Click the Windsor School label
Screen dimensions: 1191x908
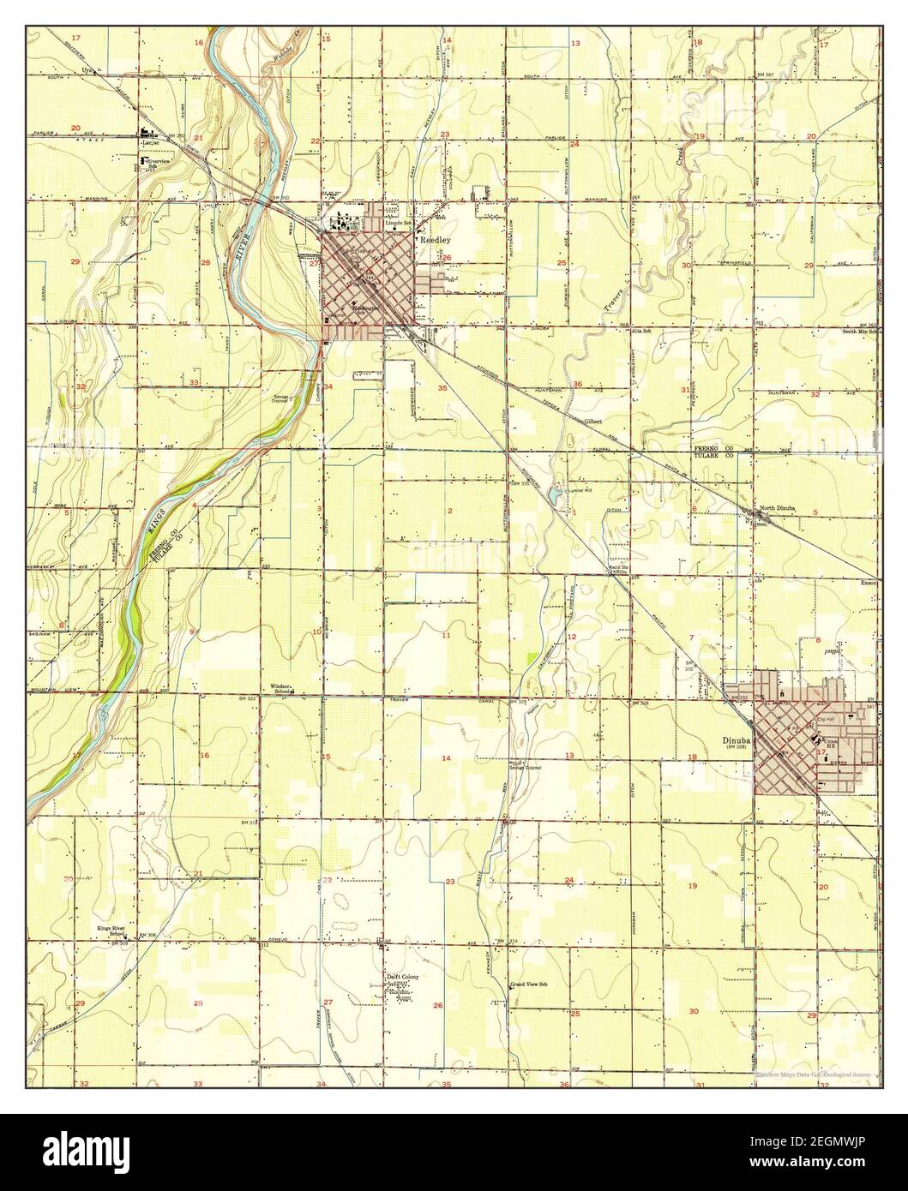[282, 689]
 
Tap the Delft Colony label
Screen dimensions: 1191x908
[401, 976]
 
